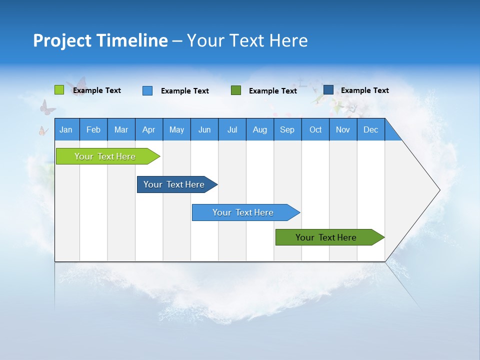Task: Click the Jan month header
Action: click(x=66, y=129)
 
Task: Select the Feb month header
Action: click(x=93, y=129)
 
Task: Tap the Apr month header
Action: click(x=149, y=129)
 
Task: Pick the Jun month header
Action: click(x=204, y=129)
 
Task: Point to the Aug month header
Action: click(x=260, y=129)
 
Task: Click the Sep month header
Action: click(x=287, y=129)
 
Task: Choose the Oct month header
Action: click(x=315, y=129)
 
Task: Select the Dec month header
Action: click(x=371, y=129)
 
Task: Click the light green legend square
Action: click(x=59, y=90)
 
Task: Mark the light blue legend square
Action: click(x=147, y=90)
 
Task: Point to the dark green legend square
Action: click(x=236, y=90)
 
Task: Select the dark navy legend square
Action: click(x=328, y=90)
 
